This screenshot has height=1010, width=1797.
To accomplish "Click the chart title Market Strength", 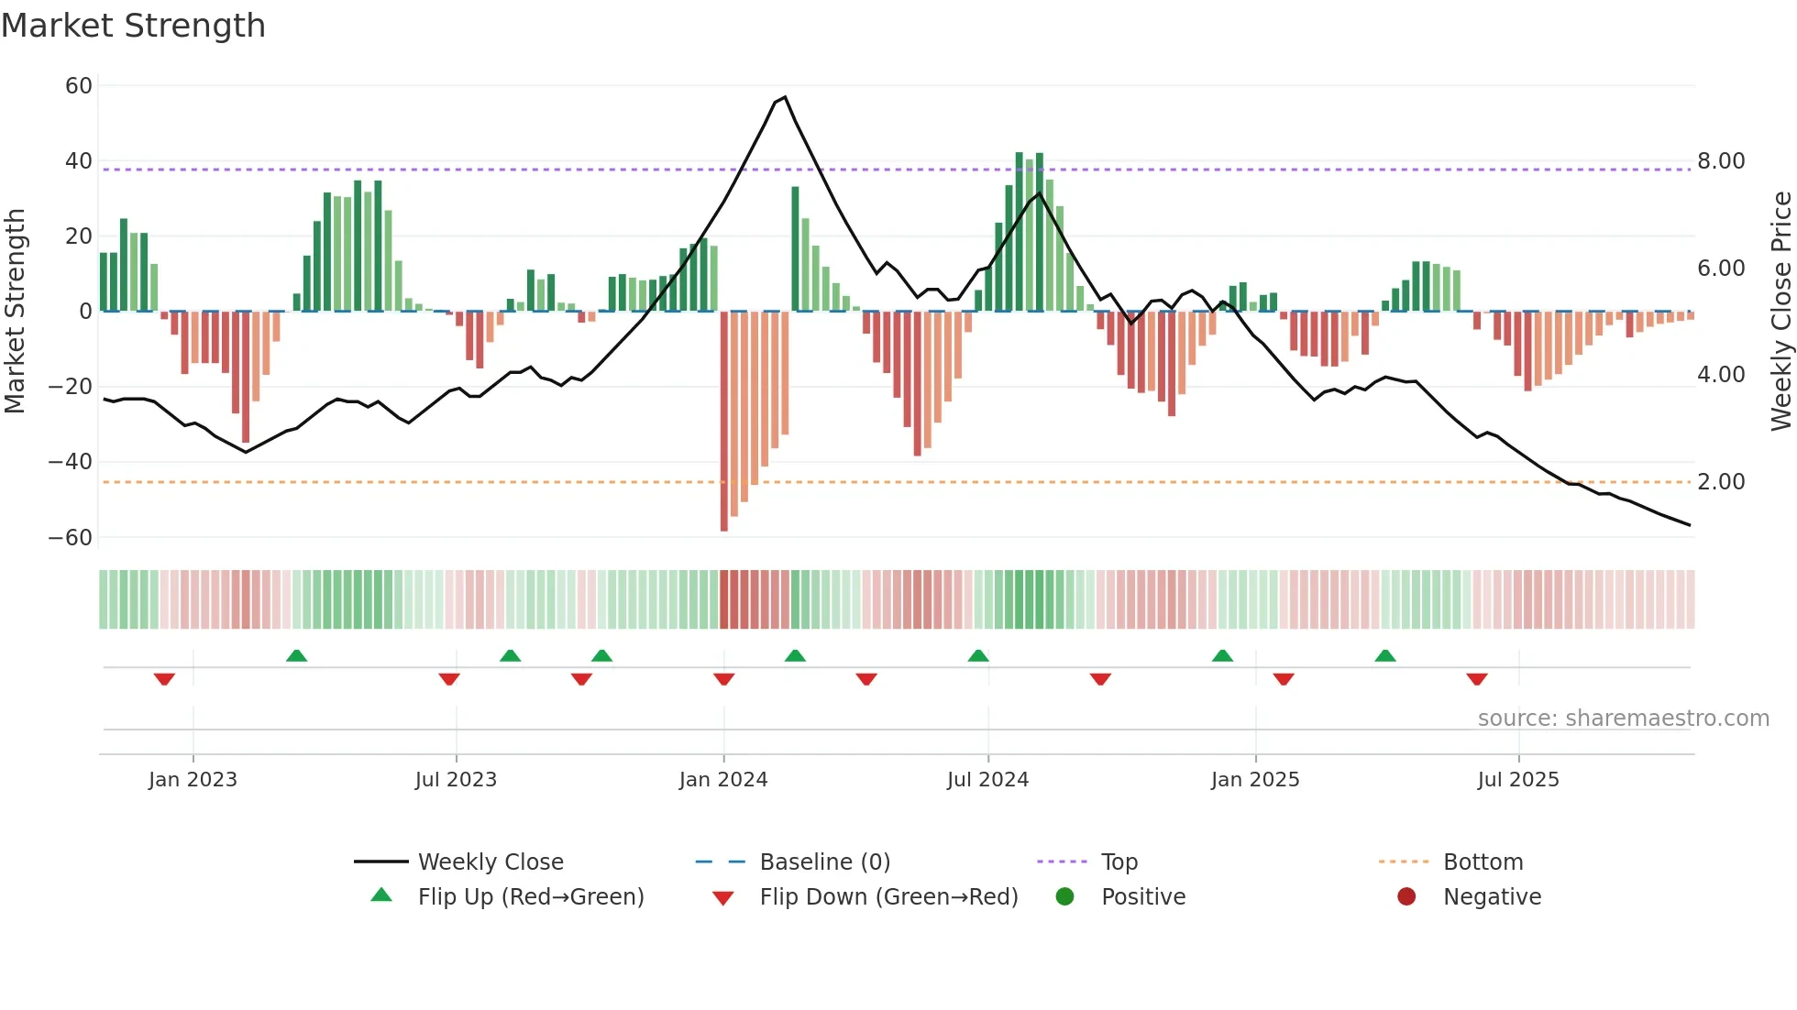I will point(133,26).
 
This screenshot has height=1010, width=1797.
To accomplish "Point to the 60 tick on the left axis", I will point(79,86).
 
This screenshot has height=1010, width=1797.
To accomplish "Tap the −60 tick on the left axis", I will point(71,538).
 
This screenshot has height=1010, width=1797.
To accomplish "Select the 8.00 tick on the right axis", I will point(1721,161).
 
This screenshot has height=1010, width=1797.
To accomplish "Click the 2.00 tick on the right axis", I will point(1721,482).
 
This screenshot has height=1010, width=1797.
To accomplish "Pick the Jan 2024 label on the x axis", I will point(722,780).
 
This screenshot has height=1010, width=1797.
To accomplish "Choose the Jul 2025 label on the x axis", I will point(1517,780).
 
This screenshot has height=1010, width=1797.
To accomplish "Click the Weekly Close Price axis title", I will point(1780,312).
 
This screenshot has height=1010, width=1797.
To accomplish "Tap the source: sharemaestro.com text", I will point(1623,719).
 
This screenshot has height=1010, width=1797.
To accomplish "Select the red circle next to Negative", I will point(1406,897).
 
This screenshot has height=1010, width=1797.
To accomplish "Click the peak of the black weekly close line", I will point(785,97).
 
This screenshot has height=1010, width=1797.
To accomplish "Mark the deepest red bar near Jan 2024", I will point(724,422).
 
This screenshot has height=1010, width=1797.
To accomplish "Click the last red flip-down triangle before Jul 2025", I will point(1476,679).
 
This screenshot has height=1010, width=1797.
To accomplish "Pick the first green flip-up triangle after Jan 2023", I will point(296,655).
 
